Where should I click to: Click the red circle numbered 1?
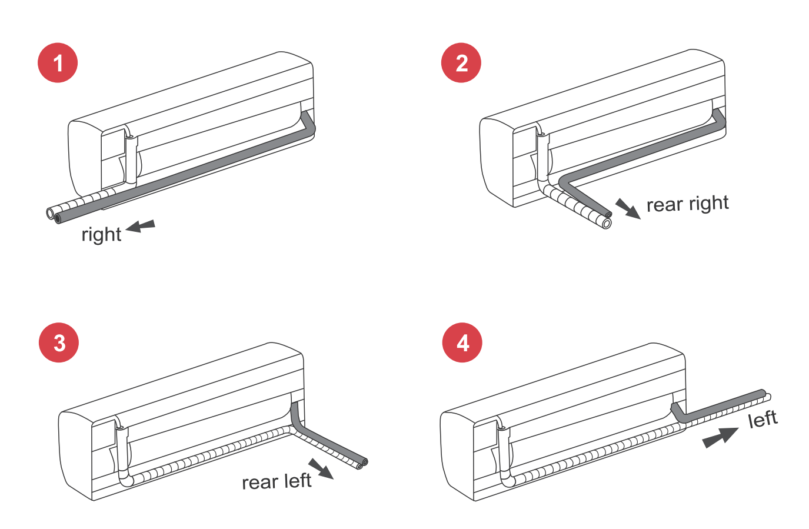[58, 63]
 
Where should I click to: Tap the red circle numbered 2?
[461, 63]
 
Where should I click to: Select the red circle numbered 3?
[59, 342]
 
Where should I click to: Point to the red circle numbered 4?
[462, 342]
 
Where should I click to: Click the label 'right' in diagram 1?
[101, 234]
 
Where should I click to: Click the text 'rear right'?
[687, 204]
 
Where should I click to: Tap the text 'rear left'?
[277, 482]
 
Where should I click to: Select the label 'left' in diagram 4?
[763, 420]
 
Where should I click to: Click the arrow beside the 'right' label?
[141, 226]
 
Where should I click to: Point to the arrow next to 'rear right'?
[628, 209]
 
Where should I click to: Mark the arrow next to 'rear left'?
[321, 469]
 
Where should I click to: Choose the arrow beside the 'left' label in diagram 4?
[721, 437]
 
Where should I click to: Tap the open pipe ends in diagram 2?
[607, 220]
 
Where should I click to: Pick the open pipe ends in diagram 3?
[361, 464]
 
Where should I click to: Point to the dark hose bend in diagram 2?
[565, 180]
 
